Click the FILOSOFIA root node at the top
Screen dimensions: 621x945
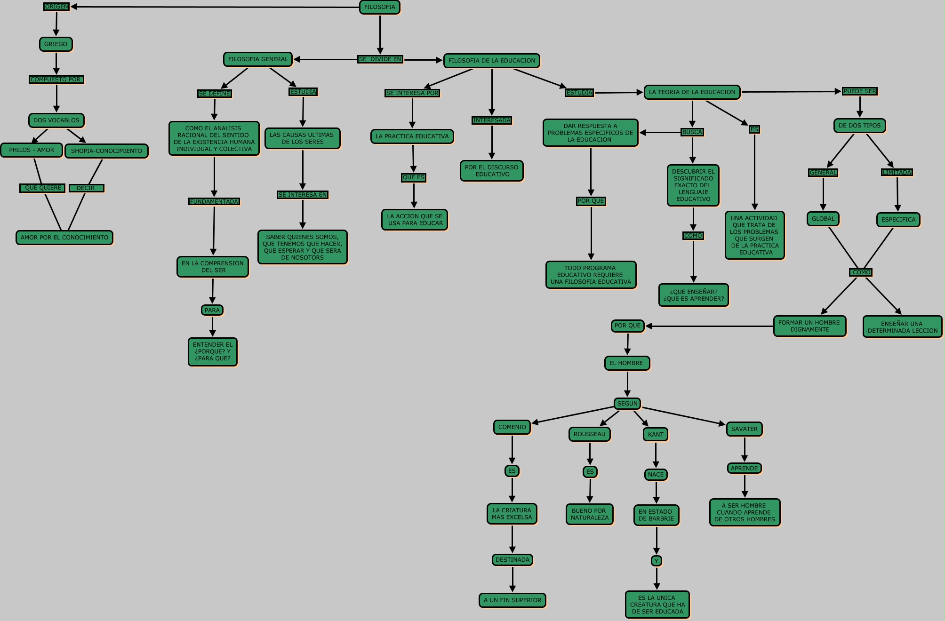[379, 7]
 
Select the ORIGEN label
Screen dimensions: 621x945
[56, 7]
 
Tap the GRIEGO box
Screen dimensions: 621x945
[56, 44]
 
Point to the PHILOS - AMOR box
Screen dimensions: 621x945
[32, 150]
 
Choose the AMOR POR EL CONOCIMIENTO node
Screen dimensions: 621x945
[64, 238]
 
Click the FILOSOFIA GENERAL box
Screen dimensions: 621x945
[257, 59]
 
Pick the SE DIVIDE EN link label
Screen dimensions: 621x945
[380, 59]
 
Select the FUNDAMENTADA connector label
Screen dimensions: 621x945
[214, 201]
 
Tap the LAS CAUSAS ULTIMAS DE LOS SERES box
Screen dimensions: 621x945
[302, 138]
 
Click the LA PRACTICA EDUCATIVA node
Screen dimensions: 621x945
[412, 136]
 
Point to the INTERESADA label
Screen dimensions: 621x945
[492, 120]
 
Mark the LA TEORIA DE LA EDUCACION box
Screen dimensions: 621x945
[692, 92]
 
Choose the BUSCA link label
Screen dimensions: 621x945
[692, 132]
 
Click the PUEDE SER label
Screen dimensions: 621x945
[860, 91]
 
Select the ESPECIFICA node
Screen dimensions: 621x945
[898, 220]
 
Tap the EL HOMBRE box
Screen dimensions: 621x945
[627, 363]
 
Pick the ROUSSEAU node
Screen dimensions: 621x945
[589, 434]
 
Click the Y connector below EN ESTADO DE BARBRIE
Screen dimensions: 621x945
[657, 561]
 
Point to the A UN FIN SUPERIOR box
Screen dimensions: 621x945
[513, 600]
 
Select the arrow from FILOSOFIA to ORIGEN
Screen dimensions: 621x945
[212, 7]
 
